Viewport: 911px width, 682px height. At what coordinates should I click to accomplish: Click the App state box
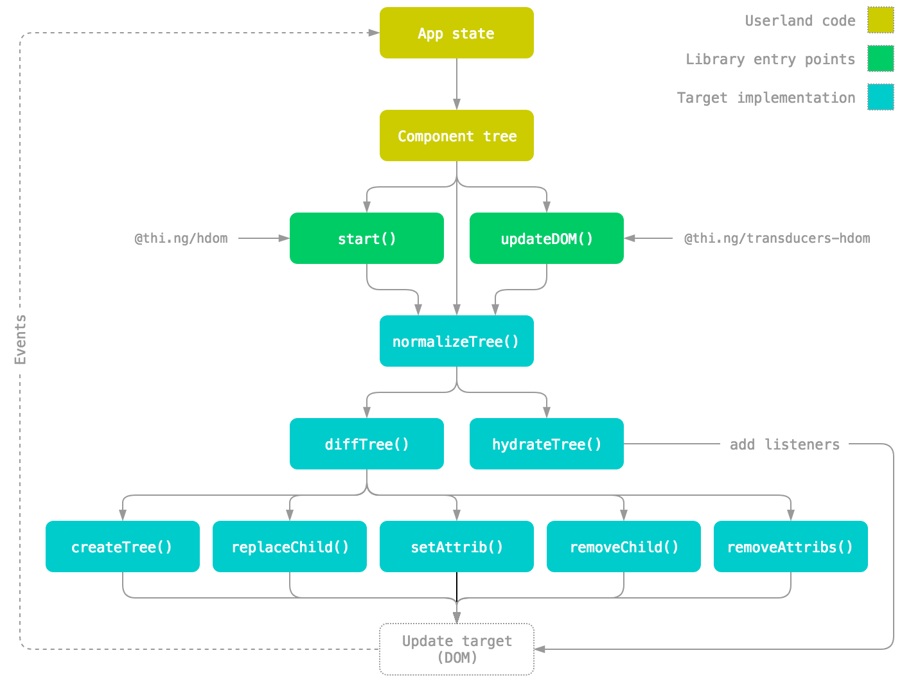tap(456, 33)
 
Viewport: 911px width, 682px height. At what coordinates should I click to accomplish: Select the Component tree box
tap(456, 136)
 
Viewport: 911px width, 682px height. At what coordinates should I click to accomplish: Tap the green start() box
tap(366, 238)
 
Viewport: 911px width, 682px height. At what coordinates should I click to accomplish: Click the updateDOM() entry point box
tap(546, 238)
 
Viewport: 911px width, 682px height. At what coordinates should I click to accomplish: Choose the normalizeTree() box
tap(456, 341)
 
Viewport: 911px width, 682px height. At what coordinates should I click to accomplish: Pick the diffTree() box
tap(366, 444)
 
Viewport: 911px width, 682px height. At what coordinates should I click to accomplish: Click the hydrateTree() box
tap(546, 444)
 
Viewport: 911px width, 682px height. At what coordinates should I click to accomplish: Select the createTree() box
tap(122, 546)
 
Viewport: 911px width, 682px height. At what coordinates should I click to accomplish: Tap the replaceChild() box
tap(289, 546)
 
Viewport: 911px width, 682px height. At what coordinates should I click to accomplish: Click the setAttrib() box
tap(456, 546)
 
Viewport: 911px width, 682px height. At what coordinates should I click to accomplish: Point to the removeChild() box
tap(623, 546)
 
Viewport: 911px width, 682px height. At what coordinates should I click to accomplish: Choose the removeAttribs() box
tap(790, 546)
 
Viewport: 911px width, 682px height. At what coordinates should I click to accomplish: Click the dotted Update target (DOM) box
tap(456, 649)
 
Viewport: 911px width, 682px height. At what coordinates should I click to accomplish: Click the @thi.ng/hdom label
tap(181, 238)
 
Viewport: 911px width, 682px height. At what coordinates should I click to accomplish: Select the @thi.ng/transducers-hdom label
tap(777, 238)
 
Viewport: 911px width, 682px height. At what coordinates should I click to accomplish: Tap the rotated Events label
tap(21, 340)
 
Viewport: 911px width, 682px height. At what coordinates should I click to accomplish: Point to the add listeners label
tap(784, 444)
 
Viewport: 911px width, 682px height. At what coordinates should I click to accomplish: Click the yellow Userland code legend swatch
tap(880, 20)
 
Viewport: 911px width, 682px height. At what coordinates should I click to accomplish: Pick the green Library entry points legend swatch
tap(880, 58)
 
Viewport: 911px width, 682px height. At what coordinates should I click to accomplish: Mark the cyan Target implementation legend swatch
tap(880, 97)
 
